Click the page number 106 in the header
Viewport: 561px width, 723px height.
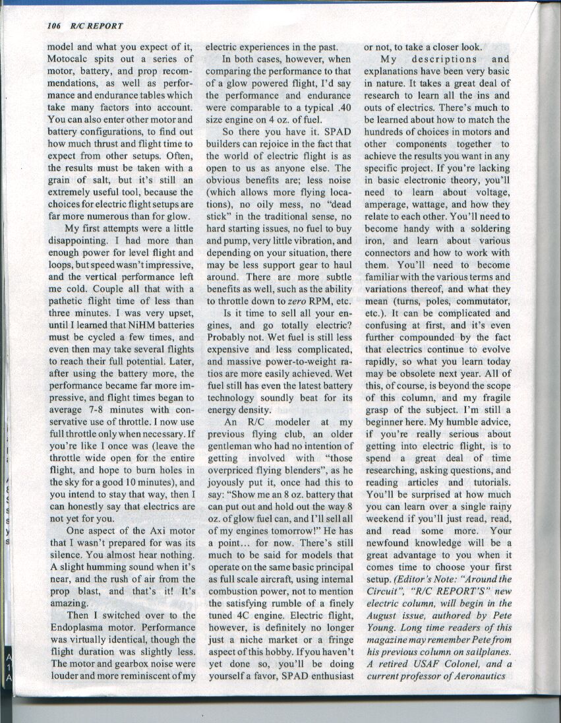[x=54, y=26]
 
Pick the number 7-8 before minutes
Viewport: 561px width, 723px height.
[x=99, y=410]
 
